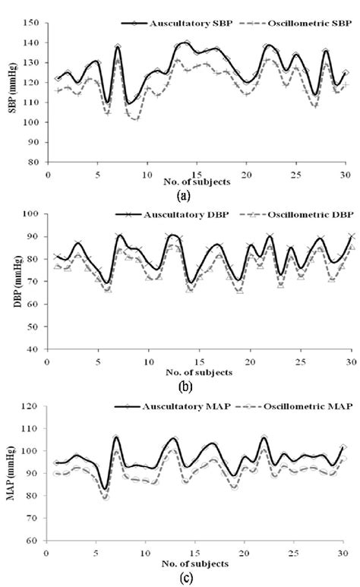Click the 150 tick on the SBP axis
click(30, 24)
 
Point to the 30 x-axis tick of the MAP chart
click(346, 554)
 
